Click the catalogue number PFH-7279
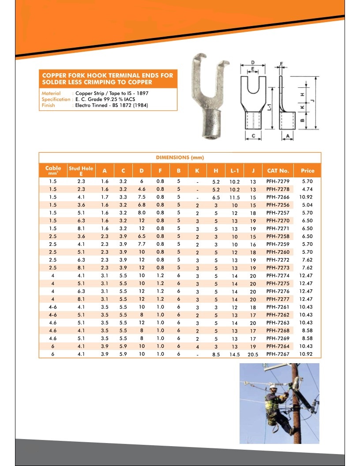pos(278,181)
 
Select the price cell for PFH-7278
pos(307,189)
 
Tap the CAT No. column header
pos(278,171)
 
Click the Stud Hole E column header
pos(81,171)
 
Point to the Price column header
pos(307,171)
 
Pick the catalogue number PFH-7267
pos(278,354)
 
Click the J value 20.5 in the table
pos(253,354)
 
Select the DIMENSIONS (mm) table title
pos(180,158)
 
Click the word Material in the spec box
pos(51,94)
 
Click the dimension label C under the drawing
pos(253,136)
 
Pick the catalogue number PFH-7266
pos(278,197)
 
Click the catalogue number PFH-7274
pos(278,276)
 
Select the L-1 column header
pos(234,171)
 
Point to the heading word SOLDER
pos(53,82)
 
